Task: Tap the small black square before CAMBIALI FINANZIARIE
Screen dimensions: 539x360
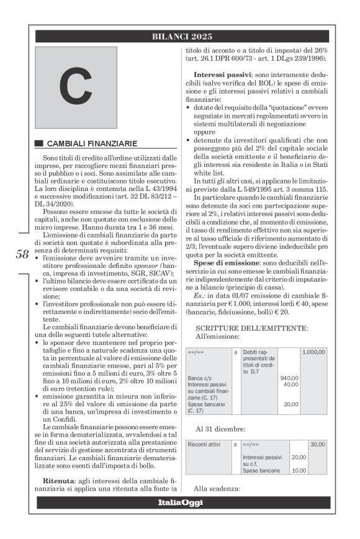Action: coord(39,143)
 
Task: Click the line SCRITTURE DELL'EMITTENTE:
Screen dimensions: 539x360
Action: coord(251,327)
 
